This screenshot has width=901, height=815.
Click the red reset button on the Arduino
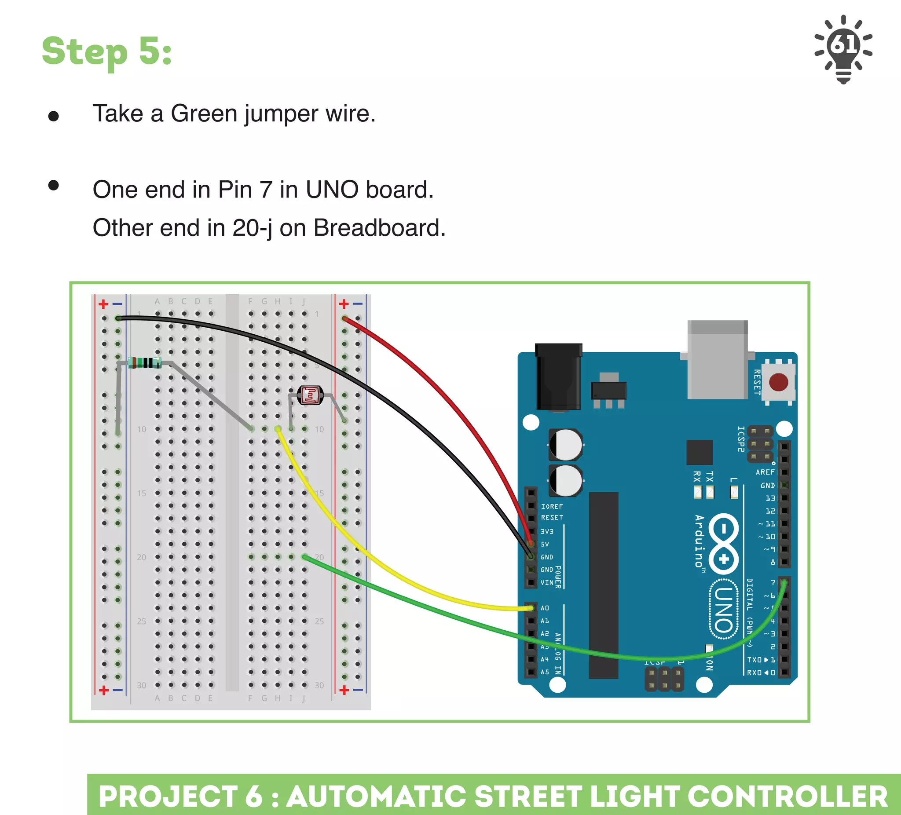[x=778, y=382]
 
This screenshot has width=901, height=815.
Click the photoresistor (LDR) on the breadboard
[x=310, y=395]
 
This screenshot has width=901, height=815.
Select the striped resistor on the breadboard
[x=144, y=362]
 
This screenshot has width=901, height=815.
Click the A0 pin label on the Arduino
[x=545, y=608]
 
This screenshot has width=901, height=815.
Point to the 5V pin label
[x=545, y=544]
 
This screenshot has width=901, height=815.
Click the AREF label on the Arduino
[x=765, y=472]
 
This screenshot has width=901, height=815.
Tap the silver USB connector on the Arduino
[x=717, y=360]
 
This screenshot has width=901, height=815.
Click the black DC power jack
[x=558, y=376]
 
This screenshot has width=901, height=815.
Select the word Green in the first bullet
[x=203, y=113]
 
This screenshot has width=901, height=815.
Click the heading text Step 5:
[x=107, y=51]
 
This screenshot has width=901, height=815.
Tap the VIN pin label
[x=546, y=583]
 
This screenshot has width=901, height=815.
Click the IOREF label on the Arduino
[x=552, y=506]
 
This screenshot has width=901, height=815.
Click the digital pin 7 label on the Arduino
[x=773, y=583]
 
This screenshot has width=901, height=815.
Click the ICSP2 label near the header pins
[x=740, y=439]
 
